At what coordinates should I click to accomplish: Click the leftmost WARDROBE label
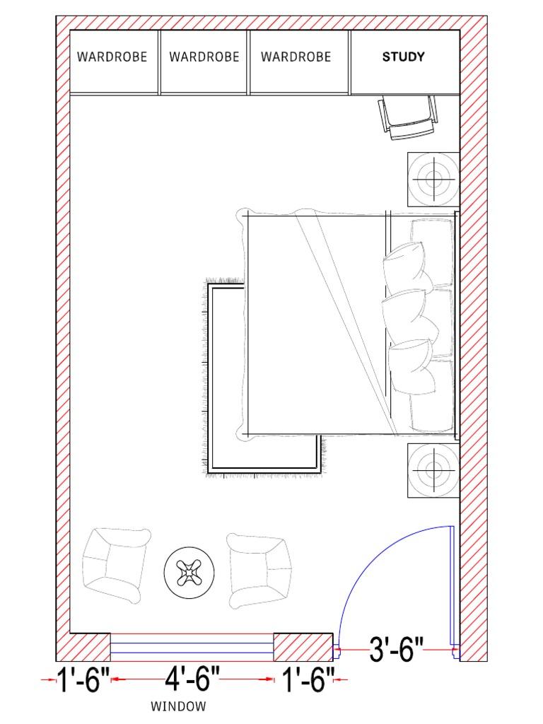tap(112, 57)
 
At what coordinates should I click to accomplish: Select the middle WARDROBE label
tap(204, 57)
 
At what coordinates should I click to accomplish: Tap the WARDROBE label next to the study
tap(296, 57)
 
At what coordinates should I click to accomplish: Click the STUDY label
tap(404, 57)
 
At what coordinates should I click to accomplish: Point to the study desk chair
tap(408, 118)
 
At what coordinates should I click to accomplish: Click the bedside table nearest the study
tap(433, 177)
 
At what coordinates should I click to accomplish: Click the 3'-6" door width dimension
tap(396, 649)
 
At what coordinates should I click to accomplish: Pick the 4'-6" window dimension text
tap(192, 681)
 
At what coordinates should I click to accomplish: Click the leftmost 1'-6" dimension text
tap(84, 681)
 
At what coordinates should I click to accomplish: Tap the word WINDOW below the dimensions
tap(179, 706)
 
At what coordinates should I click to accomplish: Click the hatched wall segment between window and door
tap(303, 646)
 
